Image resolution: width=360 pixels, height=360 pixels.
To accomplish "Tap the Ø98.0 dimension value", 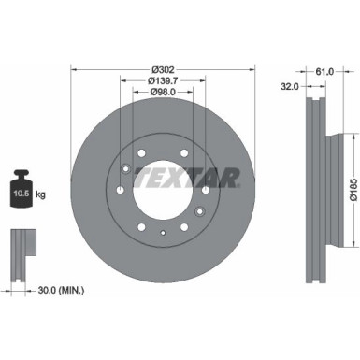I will click(x=164, y=92).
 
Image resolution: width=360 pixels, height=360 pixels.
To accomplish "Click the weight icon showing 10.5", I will click(x=22, y=188).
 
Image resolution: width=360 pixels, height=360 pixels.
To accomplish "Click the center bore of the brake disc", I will click(x=164, y=182).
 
